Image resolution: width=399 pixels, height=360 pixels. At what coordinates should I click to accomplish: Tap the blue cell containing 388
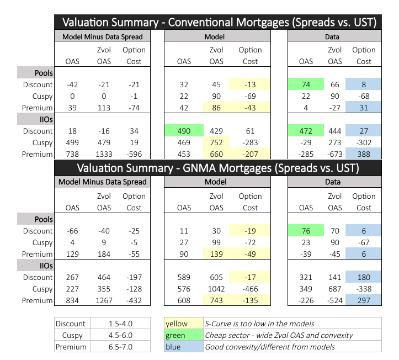click(364, 155)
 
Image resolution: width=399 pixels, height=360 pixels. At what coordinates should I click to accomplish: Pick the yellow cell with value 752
click(217, 143)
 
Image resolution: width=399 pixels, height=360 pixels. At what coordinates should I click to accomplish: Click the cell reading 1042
click(216, 289)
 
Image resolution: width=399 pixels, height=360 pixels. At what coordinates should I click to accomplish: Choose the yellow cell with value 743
click(217, 301)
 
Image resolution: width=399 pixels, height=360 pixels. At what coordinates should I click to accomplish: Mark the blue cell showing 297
click(364, 301)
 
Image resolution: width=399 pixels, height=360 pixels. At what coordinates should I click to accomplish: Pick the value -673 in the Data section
click(334, 155)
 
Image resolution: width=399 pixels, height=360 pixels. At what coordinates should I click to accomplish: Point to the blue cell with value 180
click(364, 278)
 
